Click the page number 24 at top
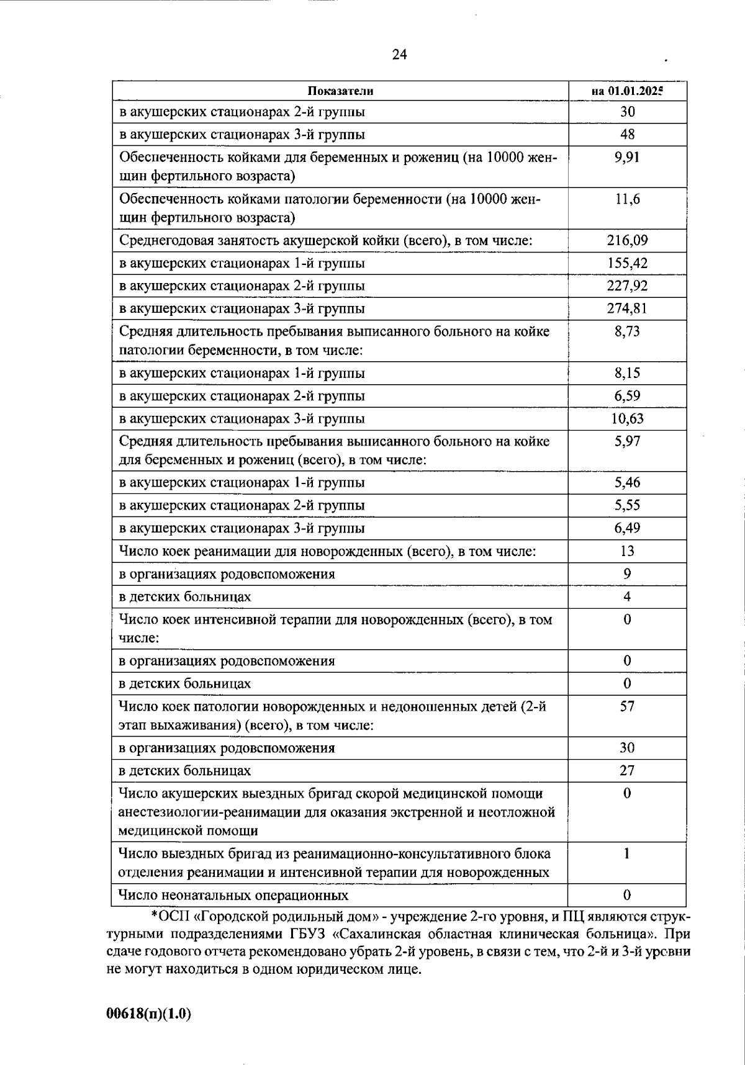pyautogui.click(x=399, y=55)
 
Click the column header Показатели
pyautogui.click(x=340, y=91)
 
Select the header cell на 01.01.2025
pyautogui.click(x=627, y=91)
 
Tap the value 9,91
pyautogui.click(x=627, y=157)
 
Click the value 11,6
pyautogui.click(x=627, y=199)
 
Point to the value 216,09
pyautogui.click(x=627, y=240)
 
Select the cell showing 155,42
pyautogui.click(x=627, y=263)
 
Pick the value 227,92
pyautogui.click(x=627, y=286)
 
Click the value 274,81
pyautogui.click(x=627, y=308)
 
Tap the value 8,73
pyautogui.click(x=627, y=331)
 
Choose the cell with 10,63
pyautogui.click(x=627, y=418)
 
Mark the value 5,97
pyautogui.click(x=627, y=441)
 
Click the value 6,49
pyautogui.click(x=627, y=528)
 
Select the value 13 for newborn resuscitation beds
pyautogui.click(x=627, y=551)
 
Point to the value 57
pyautogui.click(x=627, y=706)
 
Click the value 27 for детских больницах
pyautogui.click(x=627, y=770)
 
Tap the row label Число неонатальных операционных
pyautogui.click(x=233, y=895)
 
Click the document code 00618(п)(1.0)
pyautogui.click(x=149, y=1013)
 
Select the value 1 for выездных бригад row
pyautogui.click(x=627, y=853)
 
